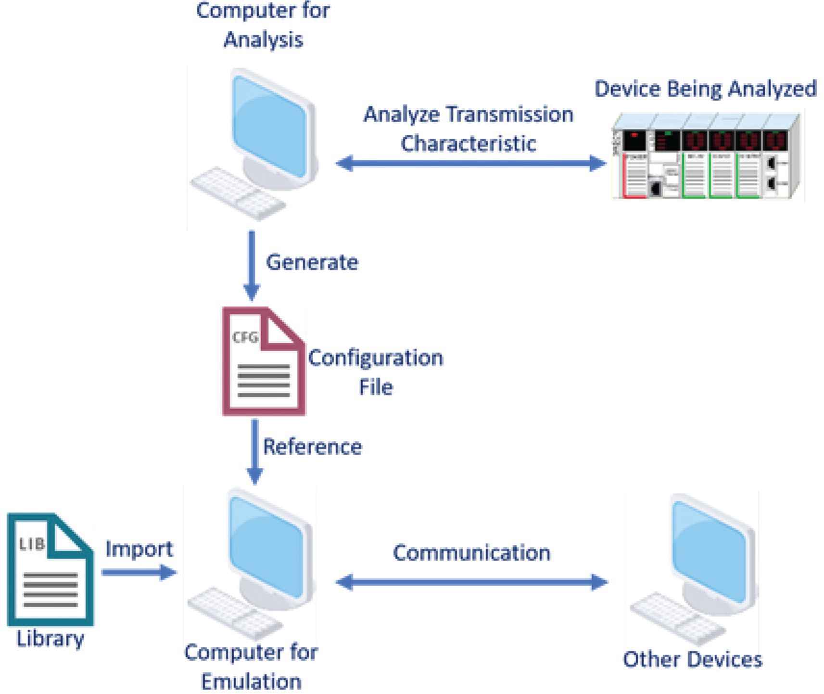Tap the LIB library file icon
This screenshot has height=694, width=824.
click(50, 570)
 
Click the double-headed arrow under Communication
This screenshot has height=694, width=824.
click(471, 582)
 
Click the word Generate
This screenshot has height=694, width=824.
click(312, 263)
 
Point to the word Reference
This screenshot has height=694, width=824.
click(313, 447)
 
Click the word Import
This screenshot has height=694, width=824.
click(139, 549)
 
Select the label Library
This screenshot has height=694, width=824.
click(50, 639)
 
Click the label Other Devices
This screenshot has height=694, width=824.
click(692, 659)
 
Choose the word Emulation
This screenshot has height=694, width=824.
click(251, 681)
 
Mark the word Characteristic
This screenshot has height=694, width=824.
click(468, 143)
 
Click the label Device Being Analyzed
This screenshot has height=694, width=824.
click(705, 89)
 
